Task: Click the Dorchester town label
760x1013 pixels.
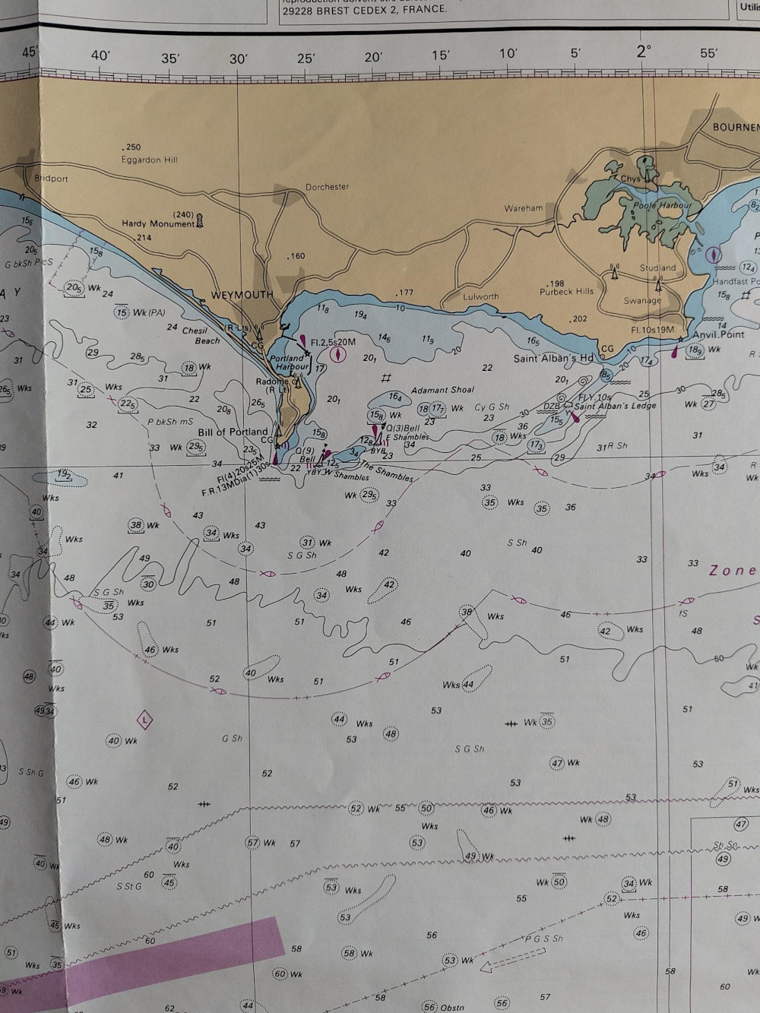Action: click(x=327, y=187)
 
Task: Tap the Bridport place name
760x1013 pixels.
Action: click(x=51, y=179)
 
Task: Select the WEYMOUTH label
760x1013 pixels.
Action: click(x=242, y=295)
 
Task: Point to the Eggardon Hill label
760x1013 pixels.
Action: click(x=150, y=160)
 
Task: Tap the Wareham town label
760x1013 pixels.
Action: click(x=524, y=208)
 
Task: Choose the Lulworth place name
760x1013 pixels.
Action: click(x=480, y=297)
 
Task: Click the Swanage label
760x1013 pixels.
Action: click(x=642, y=301)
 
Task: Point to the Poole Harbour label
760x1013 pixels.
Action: click(x=663, y=205)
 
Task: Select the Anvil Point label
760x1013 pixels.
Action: click(x=718, y=334)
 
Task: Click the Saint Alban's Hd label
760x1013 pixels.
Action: click(x=553, y=359)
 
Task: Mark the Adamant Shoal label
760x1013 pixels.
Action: click(x=442, y=390)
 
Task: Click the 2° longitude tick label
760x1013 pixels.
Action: click(x=644, y=52)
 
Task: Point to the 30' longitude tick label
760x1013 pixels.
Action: click(x=239, y=59)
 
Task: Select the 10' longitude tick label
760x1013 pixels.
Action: click(x=508, y=53)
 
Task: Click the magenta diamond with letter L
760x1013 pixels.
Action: click(x=144, y=719)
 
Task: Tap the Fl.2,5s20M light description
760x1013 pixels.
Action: click(x=332, y=343)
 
